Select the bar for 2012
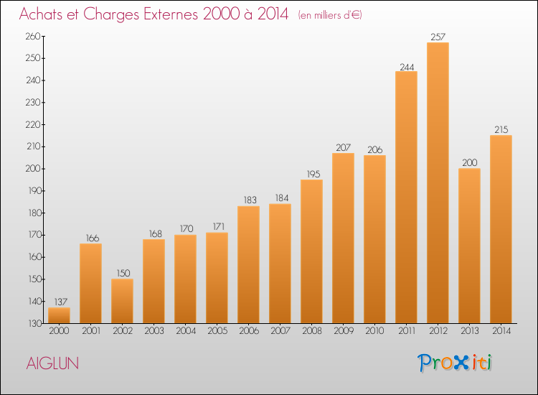click(x=438, y=182)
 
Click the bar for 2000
click(x=59, y=315)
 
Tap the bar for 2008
click(x=311, y=251)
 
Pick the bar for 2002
click(x=122, y=301)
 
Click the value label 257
click(x=438, y=37)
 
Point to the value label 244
click(x=407, y=67)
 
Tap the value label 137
click(x=61, y=302)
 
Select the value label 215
click(x=501, y=129)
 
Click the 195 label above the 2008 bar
click(x=313, y=174)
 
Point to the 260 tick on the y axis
click(x=33, y=37)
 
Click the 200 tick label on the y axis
click(x=33, y=169)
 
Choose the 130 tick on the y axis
click(x=34, y=324)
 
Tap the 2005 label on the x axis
click(x=217, y=331)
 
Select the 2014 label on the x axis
click(x=501, y=331)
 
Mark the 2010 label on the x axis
click(x=374, y=331)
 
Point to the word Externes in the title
click(x=171, y=14)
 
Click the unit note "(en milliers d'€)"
click(x=330, y=16)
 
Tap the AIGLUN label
click(x=52, y=363)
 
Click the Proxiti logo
click(x=455, y=363)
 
